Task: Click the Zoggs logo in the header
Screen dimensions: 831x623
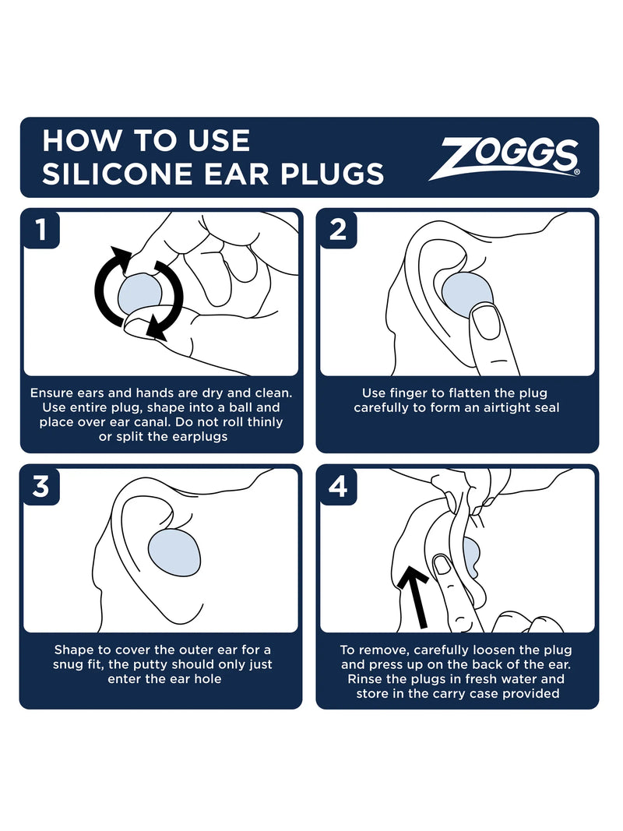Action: coord(510,158)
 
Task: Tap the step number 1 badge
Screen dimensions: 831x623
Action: coord(40,229)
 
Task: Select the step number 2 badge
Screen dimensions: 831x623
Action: coord(336,229)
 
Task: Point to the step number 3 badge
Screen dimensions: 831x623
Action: coord(40,486)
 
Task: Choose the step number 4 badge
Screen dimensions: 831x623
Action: coord(336,486)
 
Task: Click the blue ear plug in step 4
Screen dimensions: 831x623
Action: coord(470,555)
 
